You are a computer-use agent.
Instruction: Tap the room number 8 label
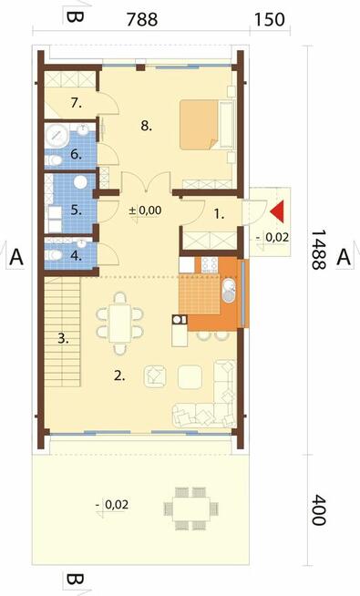pos(147,126)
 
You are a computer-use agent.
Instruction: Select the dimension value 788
pos(142,20)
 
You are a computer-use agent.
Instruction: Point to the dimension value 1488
pos(319,250)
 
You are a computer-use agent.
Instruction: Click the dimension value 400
pos(319,510)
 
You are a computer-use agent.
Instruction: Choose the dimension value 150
pos(269,20)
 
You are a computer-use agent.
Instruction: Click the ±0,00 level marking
pos(145,211)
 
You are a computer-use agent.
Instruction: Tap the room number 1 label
pos(219,214)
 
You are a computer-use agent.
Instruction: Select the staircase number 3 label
pos(64,338)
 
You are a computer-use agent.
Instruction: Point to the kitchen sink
pos(230,291)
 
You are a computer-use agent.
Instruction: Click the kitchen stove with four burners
pos(210,265)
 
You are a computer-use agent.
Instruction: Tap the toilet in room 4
pos(54,255)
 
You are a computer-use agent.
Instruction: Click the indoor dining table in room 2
pos(120,324)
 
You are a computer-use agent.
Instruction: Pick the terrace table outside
pos(190,509)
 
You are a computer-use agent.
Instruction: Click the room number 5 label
pos(76,211)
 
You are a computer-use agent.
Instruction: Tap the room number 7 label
pos(76,103)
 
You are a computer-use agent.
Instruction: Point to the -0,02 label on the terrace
pos(112,505)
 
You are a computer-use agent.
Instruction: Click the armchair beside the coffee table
pos(155,376)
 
